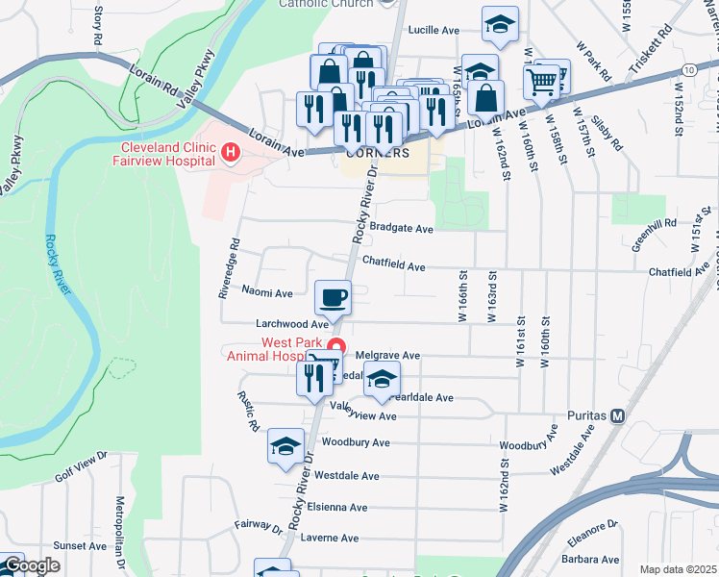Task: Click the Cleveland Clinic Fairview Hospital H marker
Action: click(x=230, y=152)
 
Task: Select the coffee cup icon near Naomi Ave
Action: click(x=334, y=297)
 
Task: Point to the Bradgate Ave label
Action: click(x=402, y=229)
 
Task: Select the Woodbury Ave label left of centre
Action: click(x=356, y=442)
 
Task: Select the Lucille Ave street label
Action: click(x=434, y=31)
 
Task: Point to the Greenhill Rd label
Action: click(x=656, y=227)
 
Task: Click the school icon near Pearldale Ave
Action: click(x=383, y=378)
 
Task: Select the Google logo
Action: click(x=32, y=565)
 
